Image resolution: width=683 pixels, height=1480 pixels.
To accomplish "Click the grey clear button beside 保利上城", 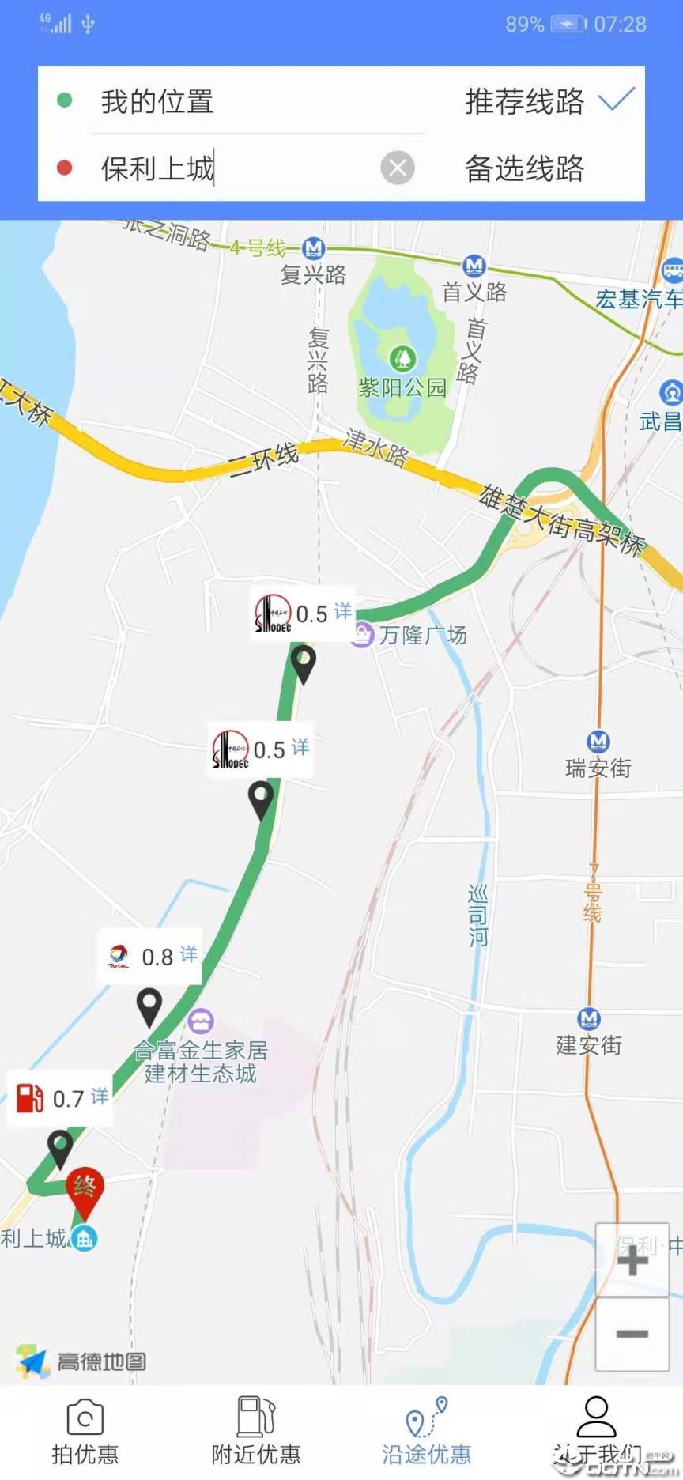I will [398, 168].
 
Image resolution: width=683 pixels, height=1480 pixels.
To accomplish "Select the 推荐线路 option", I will [524, 102].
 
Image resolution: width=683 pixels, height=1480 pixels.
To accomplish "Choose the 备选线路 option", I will [524, 168].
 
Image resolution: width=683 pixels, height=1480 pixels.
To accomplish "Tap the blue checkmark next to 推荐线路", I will [617, 100].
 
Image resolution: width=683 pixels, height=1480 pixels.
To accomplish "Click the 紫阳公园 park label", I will [402, 387].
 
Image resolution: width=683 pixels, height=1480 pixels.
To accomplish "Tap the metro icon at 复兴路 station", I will [314, 248].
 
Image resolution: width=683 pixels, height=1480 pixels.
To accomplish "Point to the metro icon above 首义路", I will [474, 265].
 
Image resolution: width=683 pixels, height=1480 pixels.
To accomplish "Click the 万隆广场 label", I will [422, 635].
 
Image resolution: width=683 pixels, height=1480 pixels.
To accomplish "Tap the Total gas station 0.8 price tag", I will [150, 957].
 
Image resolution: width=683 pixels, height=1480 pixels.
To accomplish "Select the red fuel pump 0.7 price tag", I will [60, 1098].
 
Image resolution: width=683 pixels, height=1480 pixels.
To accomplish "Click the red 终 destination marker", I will [85, 1189].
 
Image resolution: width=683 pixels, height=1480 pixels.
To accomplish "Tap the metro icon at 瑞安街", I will [598, 742].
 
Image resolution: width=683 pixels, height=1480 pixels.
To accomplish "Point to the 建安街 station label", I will [589, 1045].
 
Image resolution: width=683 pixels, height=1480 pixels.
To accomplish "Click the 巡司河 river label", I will [478, 916].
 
